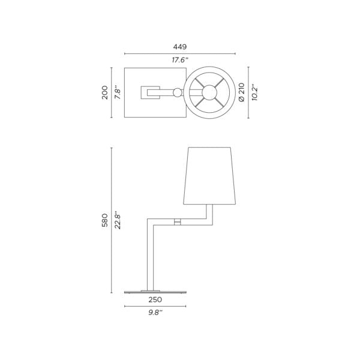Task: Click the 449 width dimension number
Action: pos(180,47)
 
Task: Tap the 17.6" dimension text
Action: pos(180,60)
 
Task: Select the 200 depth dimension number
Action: pos(105,92)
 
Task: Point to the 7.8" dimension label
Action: pos(118,92)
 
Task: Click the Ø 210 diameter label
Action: pos(242,92)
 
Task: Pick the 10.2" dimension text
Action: pos(254,92)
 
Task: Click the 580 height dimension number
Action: pos(105,220)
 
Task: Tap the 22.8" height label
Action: pos(118,220)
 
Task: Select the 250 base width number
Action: pos(155,299)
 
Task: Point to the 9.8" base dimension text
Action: pos(155,312)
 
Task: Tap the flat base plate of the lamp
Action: pos(155,292)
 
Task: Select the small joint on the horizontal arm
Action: pos(177,222)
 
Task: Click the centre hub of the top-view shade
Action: pos(210,92)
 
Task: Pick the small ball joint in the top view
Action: pos(177,92)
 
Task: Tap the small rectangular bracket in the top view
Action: pos(150,92)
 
